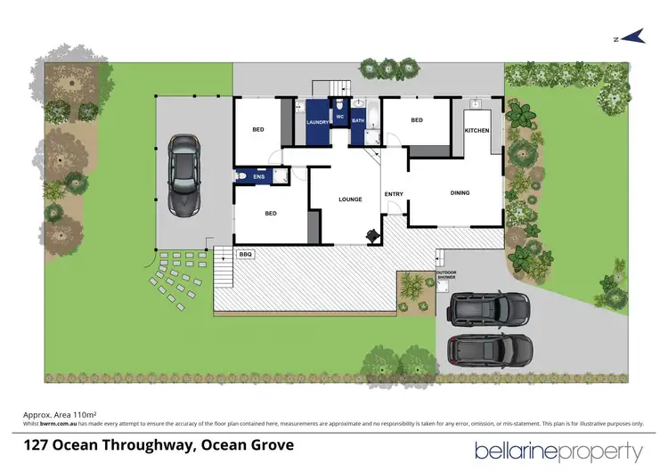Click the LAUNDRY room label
[x=318, y=122]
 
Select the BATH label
[x=358, y=121]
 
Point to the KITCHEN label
[x=477, y=130]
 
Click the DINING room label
[x=459, y=192]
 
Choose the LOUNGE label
[x=350, y=199]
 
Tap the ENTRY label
[x=393, y=193]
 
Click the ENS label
[x=259, y=177]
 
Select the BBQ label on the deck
[x=246, y=254]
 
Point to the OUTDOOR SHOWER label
[x=445, y=275]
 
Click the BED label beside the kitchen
[x=416, y=120]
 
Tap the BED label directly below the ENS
[x=271, y=213]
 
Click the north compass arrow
[x=631, y=37]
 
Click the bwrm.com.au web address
[x=59, y=424]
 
